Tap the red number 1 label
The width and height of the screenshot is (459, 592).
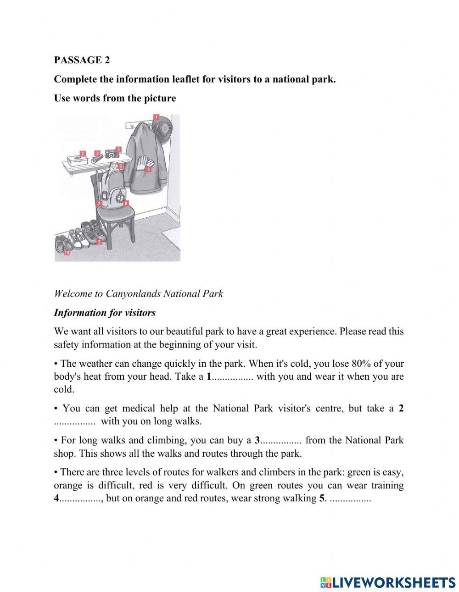(156, 117)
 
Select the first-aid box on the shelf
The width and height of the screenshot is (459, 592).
(76, 160)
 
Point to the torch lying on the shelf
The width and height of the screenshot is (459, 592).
(95, 160)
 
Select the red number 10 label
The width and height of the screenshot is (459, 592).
(67, 252)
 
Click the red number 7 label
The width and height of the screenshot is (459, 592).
(98, 204)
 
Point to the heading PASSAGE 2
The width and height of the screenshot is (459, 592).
(82, 60)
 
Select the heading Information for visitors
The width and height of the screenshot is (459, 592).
(105, 313)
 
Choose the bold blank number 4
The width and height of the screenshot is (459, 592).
(56, 498)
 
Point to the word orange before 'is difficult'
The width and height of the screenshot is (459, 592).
(68, 485)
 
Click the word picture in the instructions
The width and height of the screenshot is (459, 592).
(159, 98)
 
